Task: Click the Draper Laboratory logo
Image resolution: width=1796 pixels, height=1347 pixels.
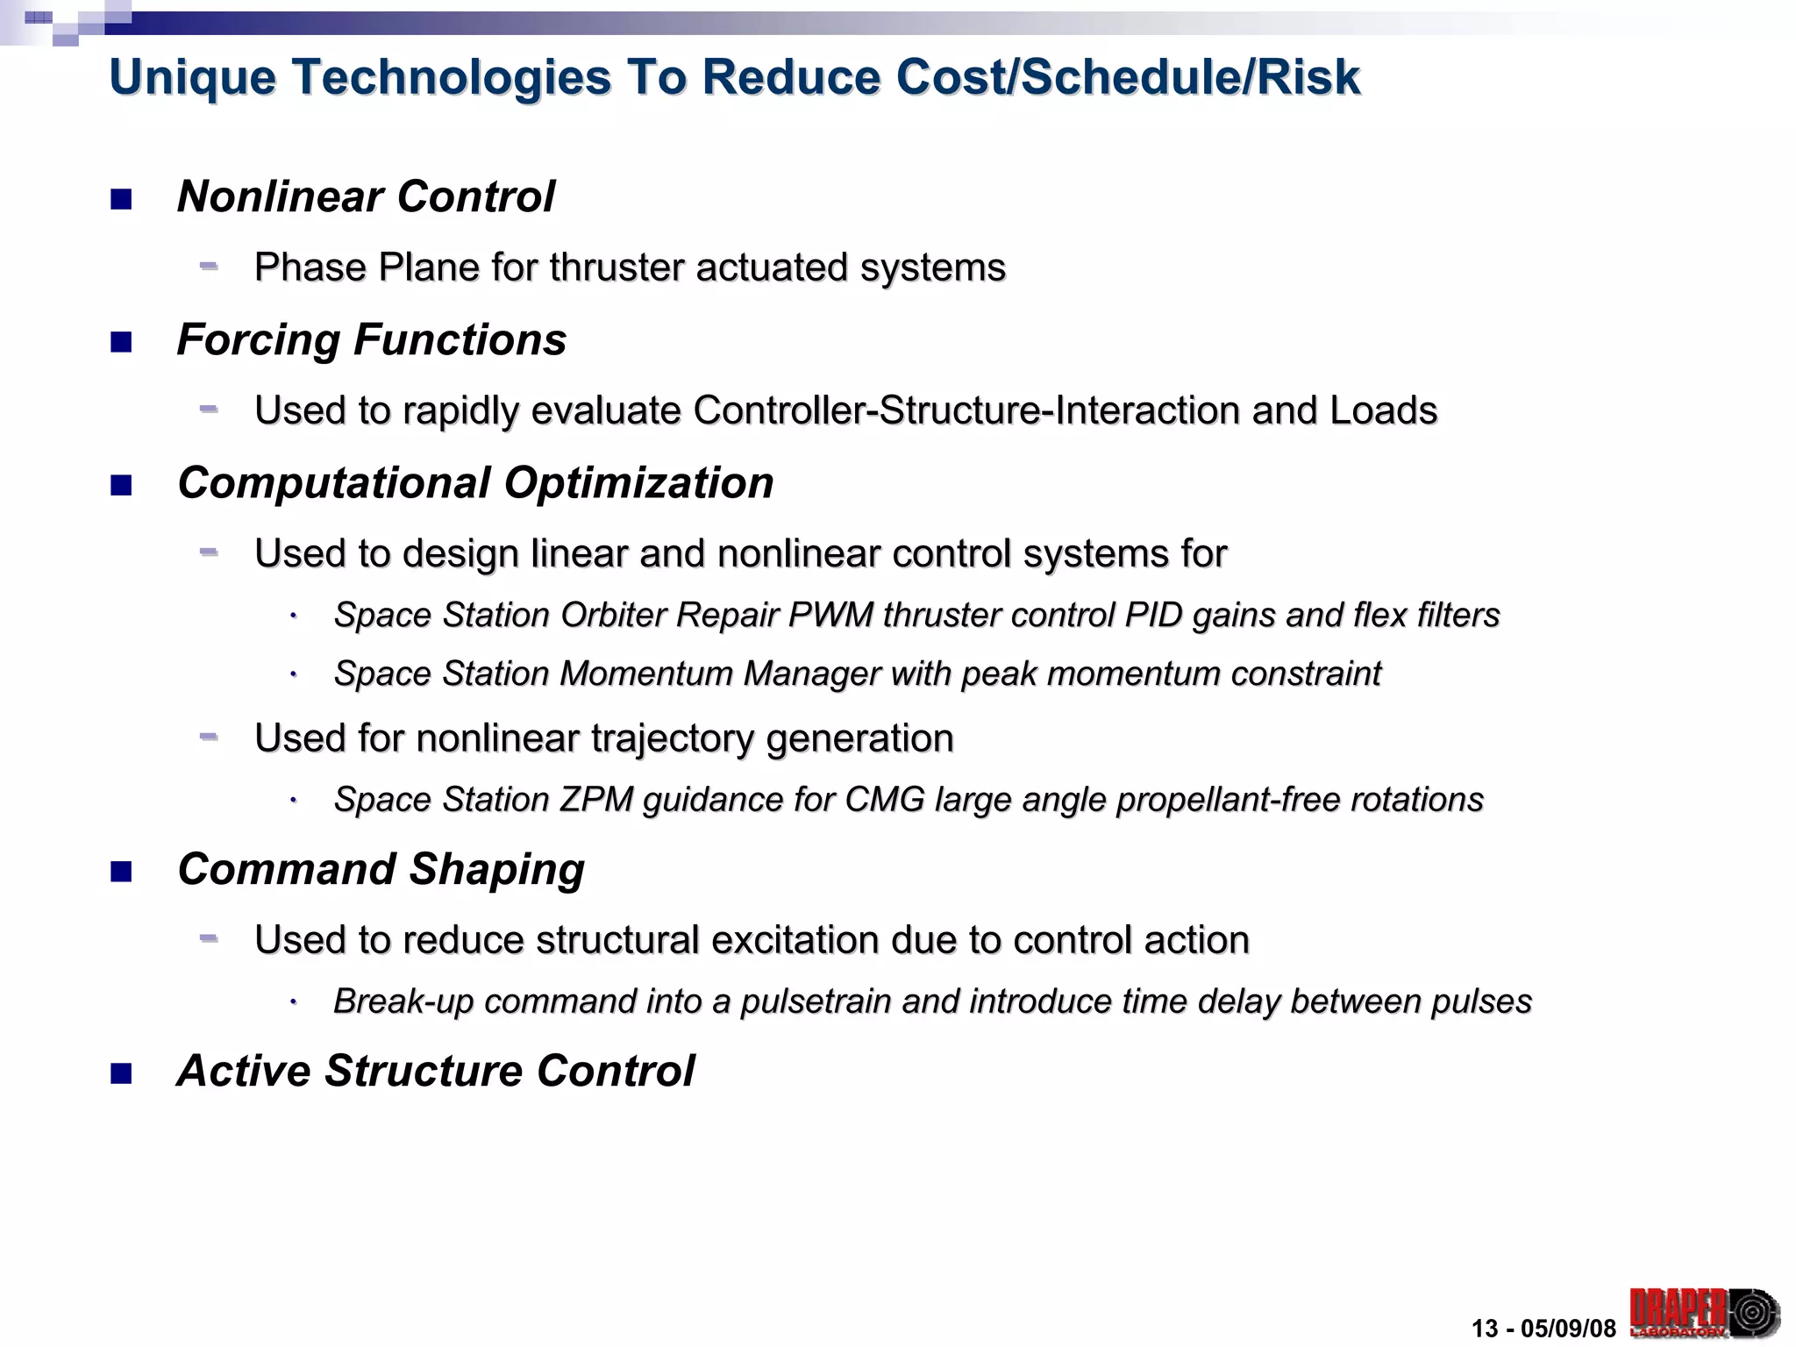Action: [x=1703, y=1313]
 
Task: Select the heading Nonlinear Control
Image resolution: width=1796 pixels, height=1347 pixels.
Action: [x=366, y=196]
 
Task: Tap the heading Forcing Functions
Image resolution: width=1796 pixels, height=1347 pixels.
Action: [x=372, y=339]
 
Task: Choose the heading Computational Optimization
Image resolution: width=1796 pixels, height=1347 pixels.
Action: [x=475, y=483]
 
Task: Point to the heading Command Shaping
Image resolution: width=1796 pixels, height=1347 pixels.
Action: [x=381, y=869]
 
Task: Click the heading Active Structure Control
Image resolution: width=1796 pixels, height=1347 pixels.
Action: [x=436, y=1071]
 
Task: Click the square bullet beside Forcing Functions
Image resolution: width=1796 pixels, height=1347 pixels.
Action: [x=121, y=342]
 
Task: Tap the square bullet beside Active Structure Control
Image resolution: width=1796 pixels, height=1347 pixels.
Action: [x=121, y=1073]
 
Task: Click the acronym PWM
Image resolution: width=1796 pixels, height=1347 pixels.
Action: [x=830, y=616]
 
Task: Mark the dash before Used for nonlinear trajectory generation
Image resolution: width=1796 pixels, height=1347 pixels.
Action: [x=209, y=737]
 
